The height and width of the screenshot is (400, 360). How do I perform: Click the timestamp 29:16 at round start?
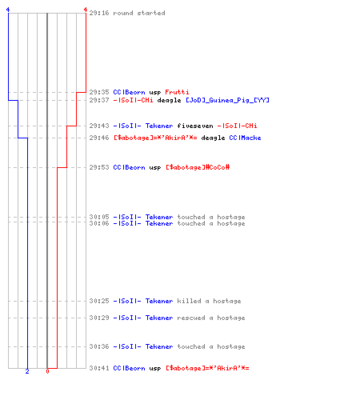[x=99, y=13]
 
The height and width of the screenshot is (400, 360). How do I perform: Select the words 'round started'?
[x=139, y=13]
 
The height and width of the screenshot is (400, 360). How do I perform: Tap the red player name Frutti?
[x=177, y=92]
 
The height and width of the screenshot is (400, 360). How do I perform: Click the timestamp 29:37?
[x=99, y=100]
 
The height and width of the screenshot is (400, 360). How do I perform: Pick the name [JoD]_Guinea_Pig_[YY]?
[x=227, y=100]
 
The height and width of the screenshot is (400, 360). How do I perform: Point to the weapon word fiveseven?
[x=195, y=126]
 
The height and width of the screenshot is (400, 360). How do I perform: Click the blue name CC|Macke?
[x=245, y=138]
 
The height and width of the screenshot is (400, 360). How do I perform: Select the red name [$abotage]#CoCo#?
[x=198, y=167]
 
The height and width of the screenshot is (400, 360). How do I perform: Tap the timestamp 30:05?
[x=99, y=217]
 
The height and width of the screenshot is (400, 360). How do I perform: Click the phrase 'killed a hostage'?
[x=209, y=301]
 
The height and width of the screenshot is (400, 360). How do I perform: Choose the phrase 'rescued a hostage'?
[x=211, y=318]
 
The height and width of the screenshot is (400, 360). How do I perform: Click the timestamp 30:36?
[x=99, y=346]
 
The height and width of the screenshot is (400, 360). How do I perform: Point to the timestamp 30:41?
[x=99, y=368]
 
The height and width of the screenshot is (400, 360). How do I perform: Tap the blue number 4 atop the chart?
[x=8, y=10]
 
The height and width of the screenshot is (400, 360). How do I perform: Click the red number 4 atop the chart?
[x=86, y=10]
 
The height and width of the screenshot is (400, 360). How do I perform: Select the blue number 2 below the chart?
[x=27, y=371]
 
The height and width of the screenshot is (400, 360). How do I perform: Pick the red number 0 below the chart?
[x=47, y=371]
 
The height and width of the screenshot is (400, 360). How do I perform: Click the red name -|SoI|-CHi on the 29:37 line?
[x=133, y=100]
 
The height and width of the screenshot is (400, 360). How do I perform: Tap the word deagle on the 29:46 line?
[x=213, y=138]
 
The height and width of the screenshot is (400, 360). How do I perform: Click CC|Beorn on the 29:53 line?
[x=129, y=167]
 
